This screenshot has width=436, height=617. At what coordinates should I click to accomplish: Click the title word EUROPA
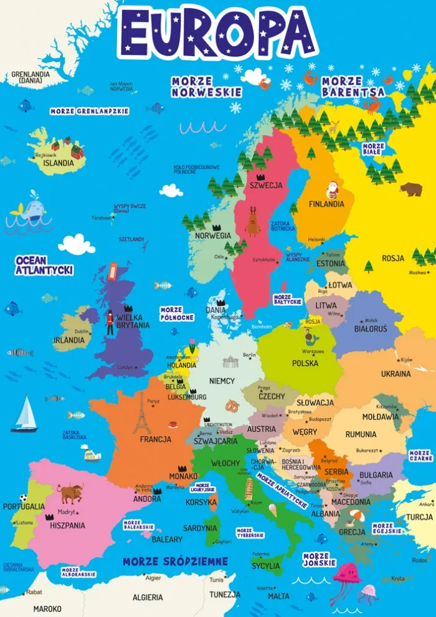tap(217, 31)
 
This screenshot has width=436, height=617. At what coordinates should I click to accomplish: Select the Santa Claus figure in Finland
tap(333, 189)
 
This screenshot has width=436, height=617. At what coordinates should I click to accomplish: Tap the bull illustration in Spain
tap(70, 493)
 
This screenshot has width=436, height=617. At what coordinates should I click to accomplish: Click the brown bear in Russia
tap(410, 189)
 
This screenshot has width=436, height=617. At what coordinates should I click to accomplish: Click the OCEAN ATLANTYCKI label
tap(44, 265)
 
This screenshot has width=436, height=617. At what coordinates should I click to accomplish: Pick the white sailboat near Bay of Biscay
tap(26, 414)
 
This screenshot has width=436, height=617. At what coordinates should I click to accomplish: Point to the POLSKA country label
tap(305, 363)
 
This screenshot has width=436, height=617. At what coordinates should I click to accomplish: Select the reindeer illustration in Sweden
tap(252, 221)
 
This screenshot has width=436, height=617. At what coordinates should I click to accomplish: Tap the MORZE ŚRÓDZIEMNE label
tap(175, 562)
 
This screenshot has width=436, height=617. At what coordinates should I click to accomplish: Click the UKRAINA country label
tap(396, 374)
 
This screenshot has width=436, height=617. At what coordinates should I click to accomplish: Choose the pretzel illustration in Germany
tap(232, 406)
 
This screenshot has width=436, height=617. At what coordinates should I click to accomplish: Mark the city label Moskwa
tap(417, 272)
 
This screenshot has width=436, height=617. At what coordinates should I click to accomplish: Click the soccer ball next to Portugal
tap(23, 498)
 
